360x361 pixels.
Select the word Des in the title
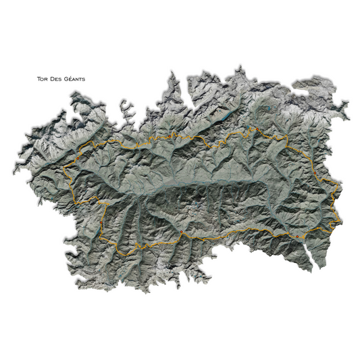coord(58,79)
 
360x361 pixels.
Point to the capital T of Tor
coord(39,79)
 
